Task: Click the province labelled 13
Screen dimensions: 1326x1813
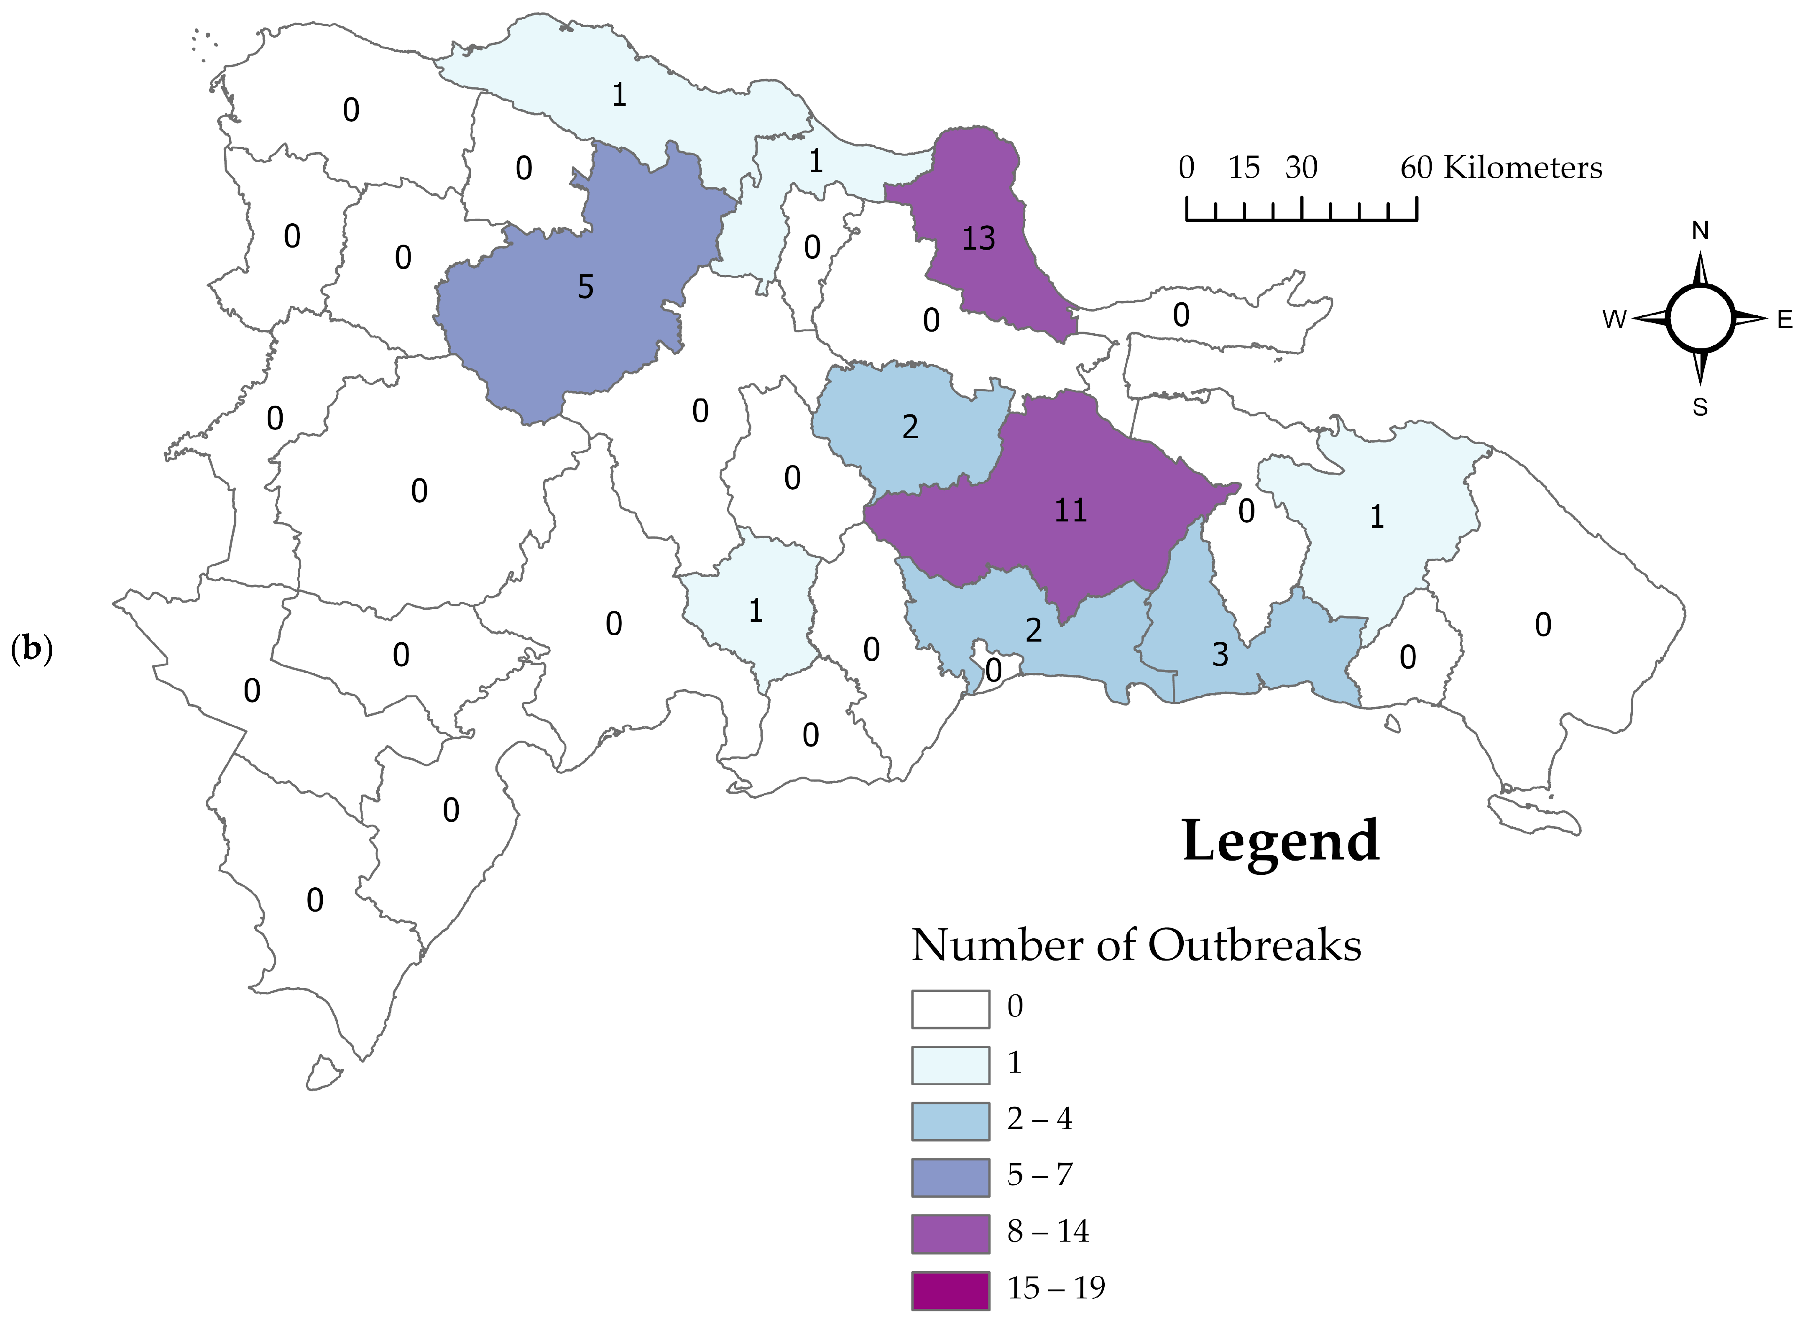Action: [x=978, y=238]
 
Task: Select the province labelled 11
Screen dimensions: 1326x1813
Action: [x=1070, y=511]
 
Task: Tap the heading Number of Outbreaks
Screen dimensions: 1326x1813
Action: [x=1136, y=945]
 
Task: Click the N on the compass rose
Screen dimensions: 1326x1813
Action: [x=1700, y=231]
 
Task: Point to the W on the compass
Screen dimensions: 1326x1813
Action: [x=1614, y=319]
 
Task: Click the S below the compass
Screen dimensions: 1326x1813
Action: [x=1700, y=408]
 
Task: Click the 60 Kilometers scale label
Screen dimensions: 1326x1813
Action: [x=1501, y=168]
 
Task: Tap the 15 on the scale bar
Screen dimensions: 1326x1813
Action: [x=1244, y=168]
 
